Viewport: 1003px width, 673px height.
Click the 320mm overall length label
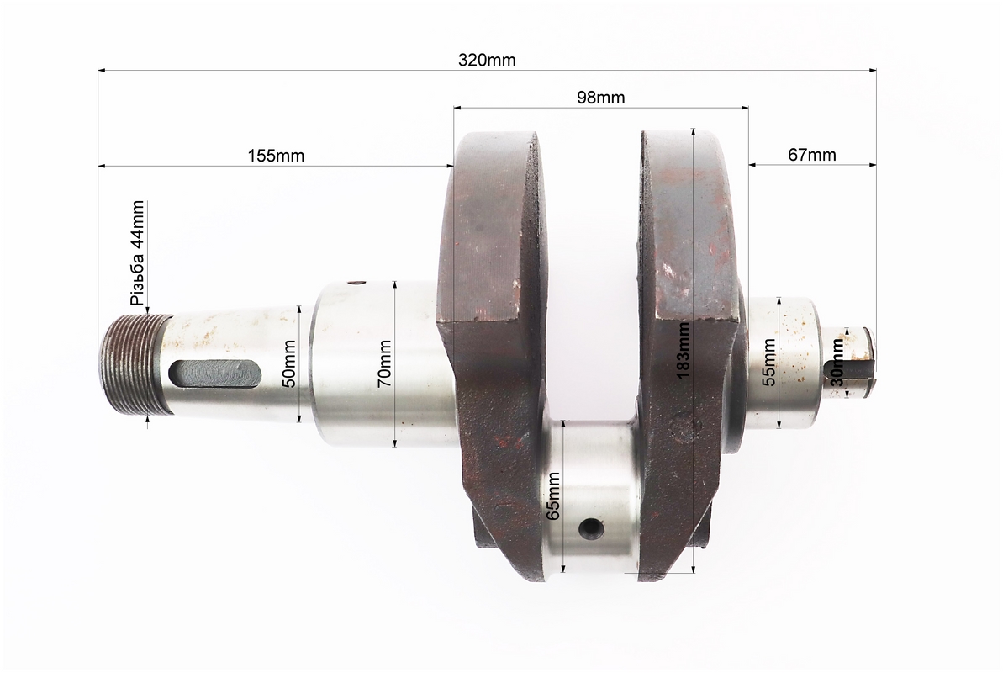[487, 61]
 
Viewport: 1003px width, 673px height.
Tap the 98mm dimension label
[600, 98]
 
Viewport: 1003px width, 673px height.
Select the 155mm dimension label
[276, 156]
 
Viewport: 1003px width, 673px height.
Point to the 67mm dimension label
[812, 155]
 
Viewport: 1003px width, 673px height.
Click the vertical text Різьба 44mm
[138, 253]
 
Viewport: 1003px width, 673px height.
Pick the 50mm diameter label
[288, 363]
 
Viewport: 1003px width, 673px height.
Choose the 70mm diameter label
[384, 363]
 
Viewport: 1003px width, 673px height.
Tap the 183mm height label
[684, 350]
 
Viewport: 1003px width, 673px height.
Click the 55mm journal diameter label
[769, 363]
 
